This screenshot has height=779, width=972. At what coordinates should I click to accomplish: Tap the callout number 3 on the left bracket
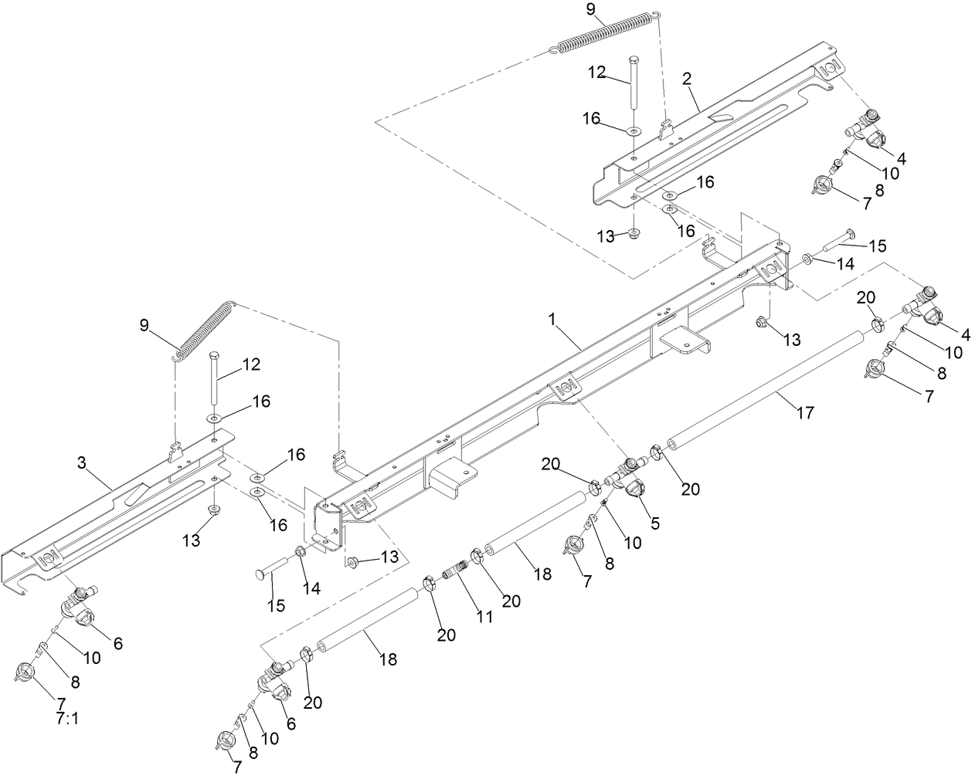click(81, 463)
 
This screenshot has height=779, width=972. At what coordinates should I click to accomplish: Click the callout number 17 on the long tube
click(804, 413)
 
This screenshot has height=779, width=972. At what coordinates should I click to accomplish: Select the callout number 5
click(654, 523)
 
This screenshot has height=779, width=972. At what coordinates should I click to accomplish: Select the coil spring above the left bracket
click(202, 330)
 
